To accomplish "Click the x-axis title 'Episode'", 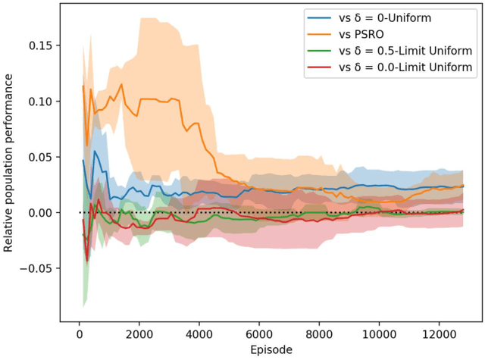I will point(271,350).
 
